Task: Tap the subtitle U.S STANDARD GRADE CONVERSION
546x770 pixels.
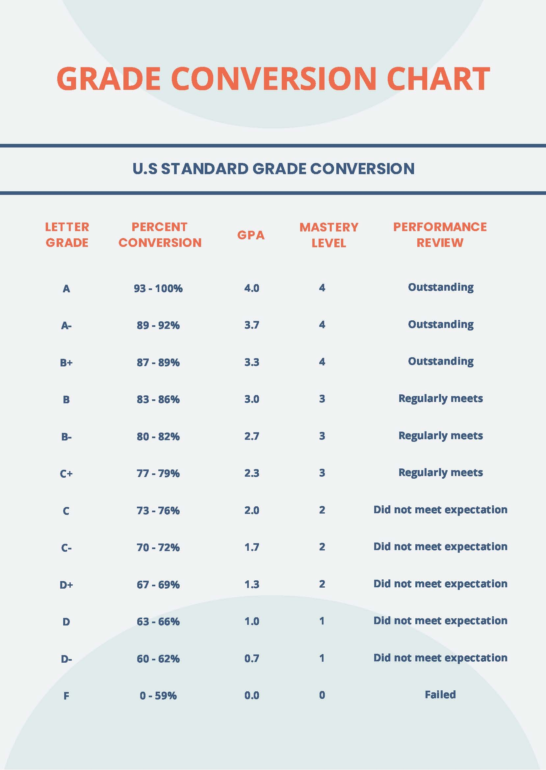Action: pyautogui.click(x=273, y=169)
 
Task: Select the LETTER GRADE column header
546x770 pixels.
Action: pyautogui.click(x=67, y=235)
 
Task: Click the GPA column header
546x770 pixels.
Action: pyautogui.click(x=251, y=235)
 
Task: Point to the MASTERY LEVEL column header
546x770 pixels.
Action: pyautogui.click(x=328, y=235)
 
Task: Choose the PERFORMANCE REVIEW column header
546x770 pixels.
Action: pyautogui.click(x=440, y=235)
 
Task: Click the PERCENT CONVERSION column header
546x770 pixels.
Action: pyautogui.click(x=160, y=235)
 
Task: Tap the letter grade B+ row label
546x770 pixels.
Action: pyautogui.click(x=66, y=362)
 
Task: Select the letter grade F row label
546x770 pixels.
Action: pyautogui.click(x=66, y=695)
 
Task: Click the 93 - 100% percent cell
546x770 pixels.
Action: pyautogui.click(x=158, y=288)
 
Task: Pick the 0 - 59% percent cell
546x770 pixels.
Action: pyautogui.click(x=158, y=695)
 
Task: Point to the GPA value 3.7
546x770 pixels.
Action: pyautogui.click(x=251, y=325)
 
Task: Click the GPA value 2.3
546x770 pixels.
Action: pyautogui.click(x=251, y=473)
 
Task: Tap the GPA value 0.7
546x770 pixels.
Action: pyautogui.click(x=251, y=658)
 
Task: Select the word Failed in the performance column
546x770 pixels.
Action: pyautogui.click(x=440, y=694)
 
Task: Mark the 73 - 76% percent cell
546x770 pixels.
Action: pyautogui.click(x=158, y=510)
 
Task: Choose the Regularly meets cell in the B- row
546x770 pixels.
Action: pyautogui.click(x=440, y=436)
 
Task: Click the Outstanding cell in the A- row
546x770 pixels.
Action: pyautogui.click(x=440, y=325)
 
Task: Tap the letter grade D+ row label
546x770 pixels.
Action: pyautogui.click(x=66, y=585)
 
